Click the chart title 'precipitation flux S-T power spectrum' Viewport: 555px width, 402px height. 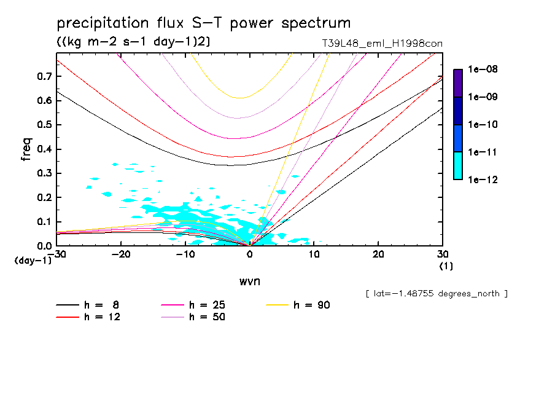[x=204, y=23]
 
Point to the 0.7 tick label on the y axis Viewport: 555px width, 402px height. [x=43, y=76]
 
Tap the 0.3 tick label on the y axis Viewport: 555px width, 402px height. [x=43, y=173]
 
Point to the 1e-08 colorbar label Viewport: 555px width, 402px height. [x=484, y=69]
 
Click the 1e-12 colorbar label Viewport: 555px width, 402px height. [x=484, y=179]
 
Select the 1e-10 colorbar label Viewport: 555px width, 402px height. [x=484, y=125]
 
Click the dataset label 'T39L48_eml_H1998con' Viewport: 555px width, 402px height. [x=378, y=43]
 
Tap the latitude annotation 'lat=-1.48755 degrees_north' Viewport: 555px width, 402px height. [x=437, y=294]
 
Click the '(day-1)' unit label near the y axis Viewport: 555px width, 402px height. [x=33, y=261]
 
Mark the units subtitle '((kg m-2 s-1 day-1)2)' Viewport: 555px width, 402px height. [x=133, y=42]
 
